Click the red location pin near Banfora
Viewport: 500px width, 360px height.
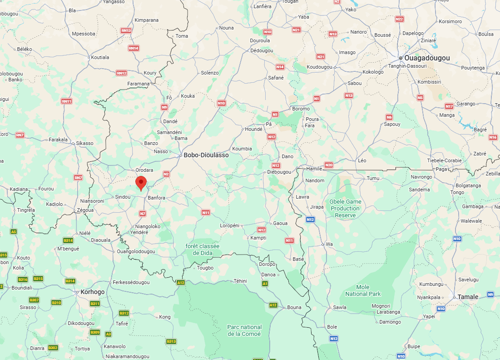(141, 183)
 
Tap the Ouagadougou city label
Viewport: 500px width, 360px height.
(427, 58)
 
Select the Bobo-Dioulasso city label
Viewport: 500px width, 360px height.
(206, 155)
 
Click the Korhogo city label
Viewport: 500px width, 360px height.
(92, 292)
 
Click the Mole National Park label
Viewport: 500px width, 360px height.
(362, 290)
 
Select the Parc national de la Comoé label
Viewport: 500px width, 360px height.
(244, 330)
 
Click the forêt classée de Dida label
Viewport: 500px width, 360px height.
(203, 250)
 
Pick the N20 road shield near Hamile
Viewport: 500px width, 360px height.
(329, 165)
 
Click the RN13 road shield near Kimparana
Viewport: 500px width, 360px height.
(126, 30)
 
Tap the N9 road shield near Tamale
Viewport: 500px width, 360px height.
(490, 295)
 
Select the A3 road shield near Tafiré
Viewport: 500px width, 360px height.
(108, 334)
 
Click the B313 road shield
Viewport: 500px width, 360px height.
(171, 341)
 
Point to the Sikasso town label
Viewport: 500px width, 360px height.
(84, 143)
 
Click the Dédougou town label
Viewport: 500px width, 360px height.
(262, 50)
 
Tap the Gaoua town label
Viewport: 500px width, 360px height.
(280, 223)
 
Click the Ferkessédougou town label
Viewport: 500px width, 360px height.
(131, 282)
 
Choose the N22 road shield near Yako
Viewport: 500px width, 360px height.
(400, 19)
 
